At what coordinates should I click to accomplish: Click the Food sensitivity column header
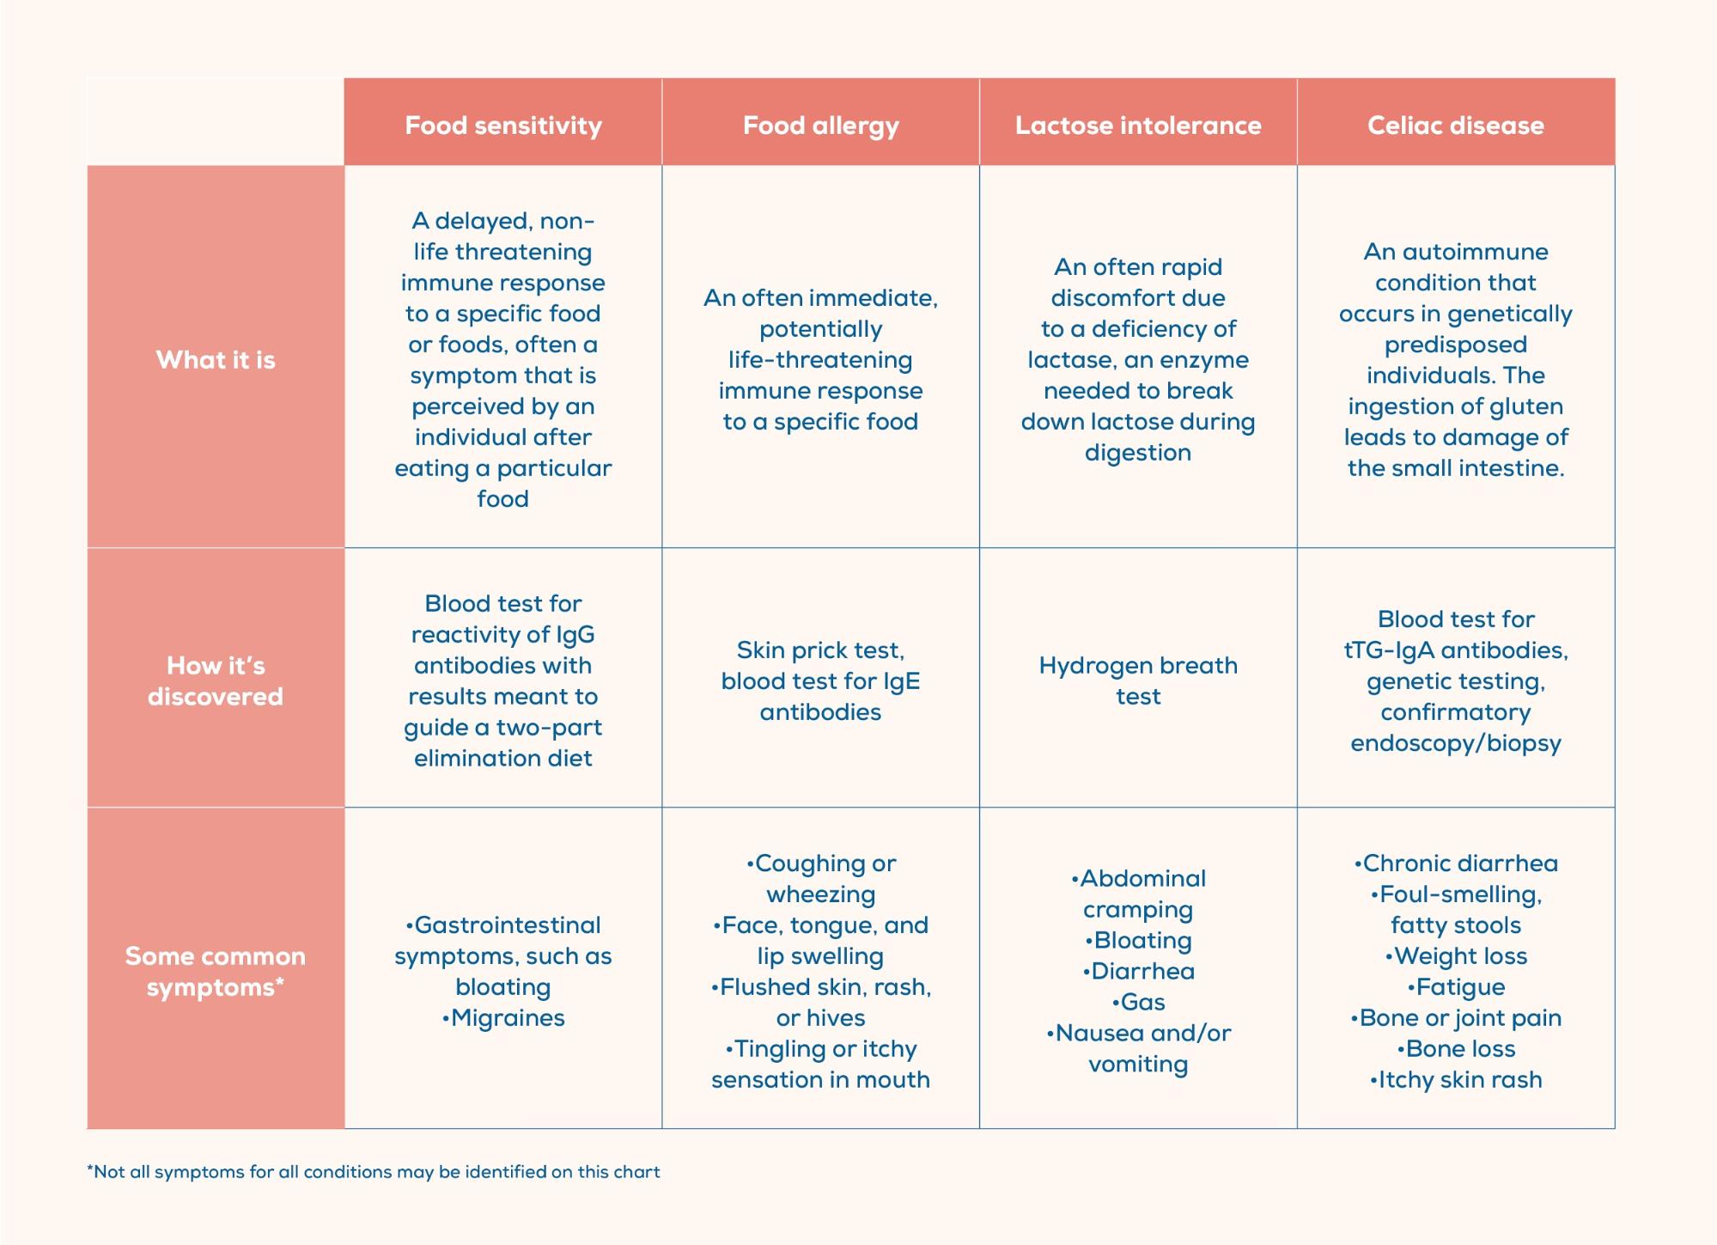point(503,125)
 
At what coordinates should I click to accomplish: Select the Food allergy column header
point(820,125)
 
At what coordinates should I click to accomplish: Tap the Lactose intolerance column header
point(1138,125)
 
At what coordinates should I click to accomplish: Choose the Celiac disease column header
point(1456,125)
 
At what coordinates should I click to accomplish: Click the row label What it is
point(216,359)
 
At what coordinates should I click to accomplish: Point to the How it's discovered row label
point(216,680)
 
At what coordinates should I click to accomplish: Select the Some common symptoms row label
point(216,971)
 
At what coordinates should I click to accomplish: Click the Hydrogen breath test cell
point(1138,680)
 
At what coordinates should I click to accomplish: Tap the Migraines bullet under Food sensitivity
point(505,1018)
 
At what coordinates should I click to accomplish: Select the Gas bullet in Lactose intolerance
point(1140,1003)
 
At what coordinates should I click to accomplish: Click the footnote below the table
point(374,1172)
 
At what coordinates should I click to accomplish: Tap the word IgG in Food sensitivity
point(575,635)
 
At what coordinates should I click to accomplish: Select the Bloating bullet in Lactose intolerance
point(1140,941)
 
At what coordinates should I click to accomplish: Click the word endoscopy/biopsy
point(1456,743)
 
